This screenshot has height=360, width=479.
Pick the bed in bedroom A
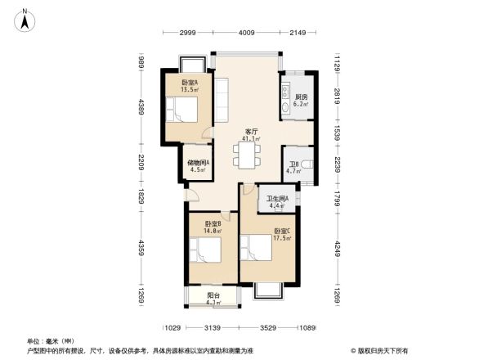(184, 110)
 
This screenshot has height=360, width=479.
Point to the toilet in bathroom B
(306, 167)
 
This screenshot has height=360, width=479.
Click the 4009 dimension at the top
(246, 32)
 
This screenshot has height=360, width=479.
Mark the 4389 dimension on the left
(141, 107)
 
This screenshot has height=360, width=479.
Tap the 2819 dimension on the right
(336, 100)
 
